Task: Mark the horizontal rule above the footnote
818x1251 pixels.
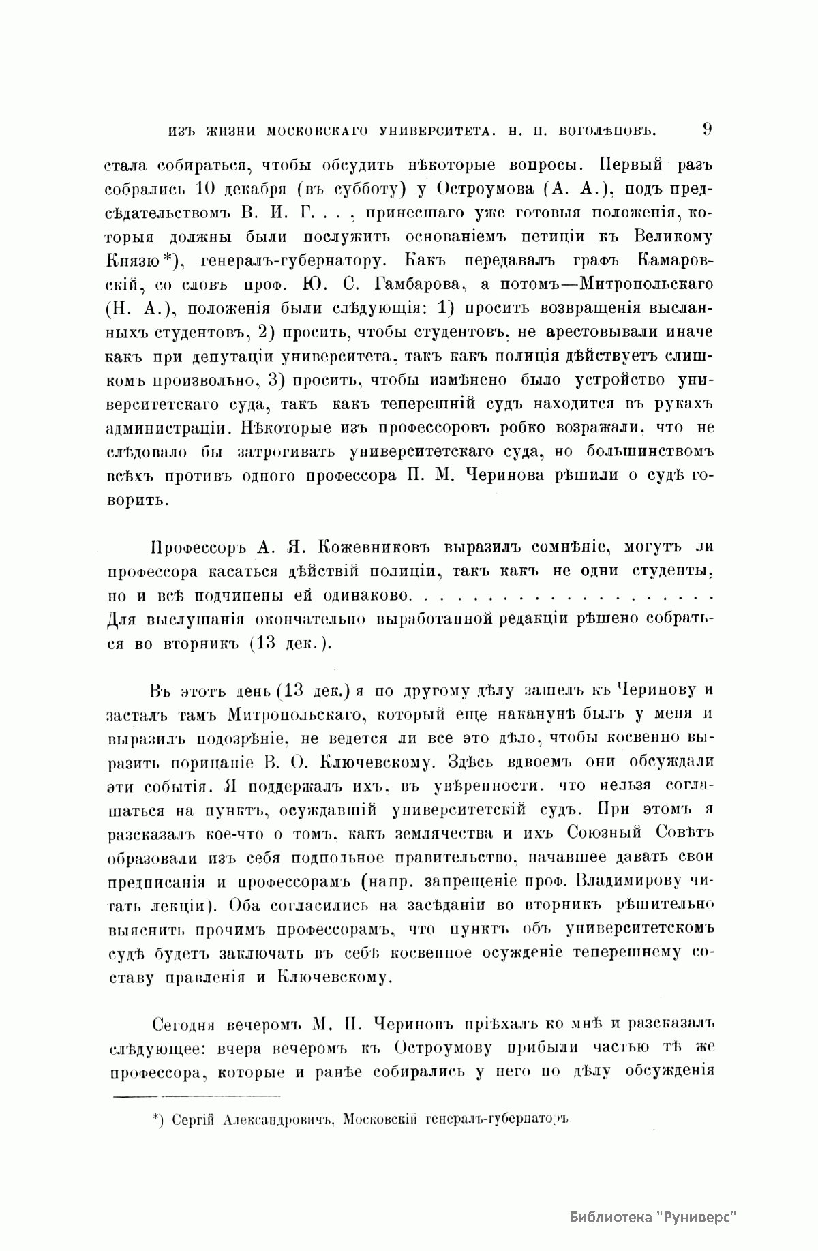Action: [x=196, y=1096]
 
